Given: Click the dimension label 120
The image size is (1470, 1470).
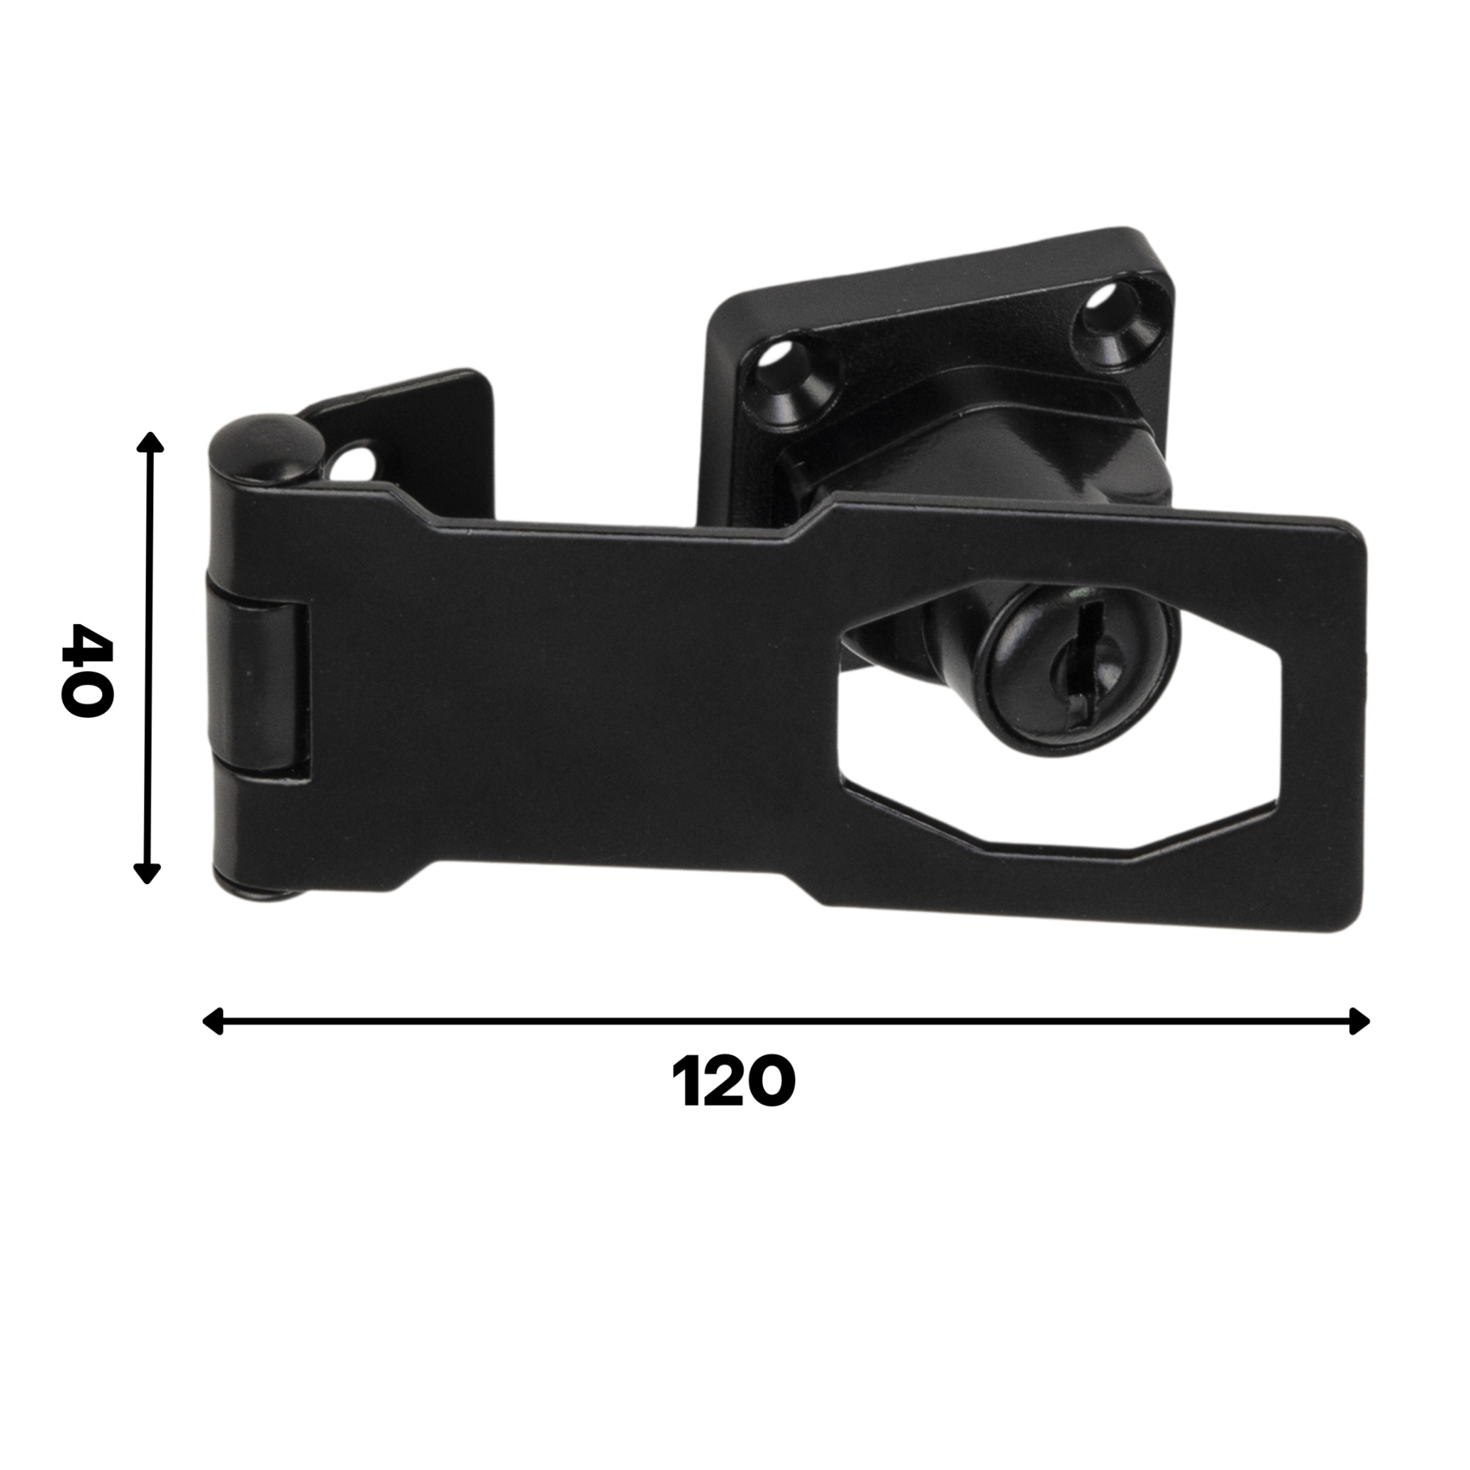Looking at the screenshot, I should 733,1081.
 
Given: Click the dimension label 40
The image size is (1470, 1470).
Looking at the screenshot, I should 87,669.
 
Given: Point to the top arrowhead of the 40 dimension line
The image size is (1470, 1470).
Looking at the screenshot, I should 150,442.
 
